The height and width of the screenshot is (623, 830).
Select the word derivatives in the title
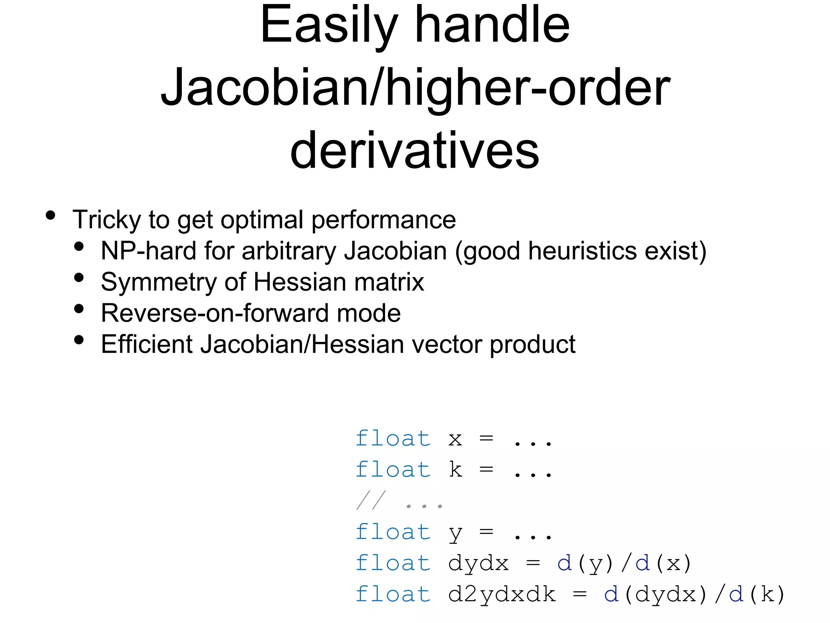tap(415, 151)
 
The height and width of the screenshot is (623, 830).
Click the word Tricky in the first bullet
tap(107, 220)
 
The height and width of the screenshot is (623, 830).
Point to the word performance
tap(383, 220)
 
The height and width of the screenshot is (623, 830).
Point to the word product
tap(533, 344)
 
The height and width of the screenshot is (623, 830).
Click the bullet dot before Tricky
tap(50, 215)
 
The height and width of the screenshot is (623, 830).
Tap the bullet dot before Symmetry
tap(79, 277)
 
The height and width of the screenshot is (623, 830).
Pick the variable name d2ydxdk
tap(502, 595)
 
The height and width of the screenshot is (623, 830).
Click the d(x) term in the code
tap(663, 564)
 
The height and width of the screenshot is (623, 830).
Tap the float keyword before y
tap(393, 533)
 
